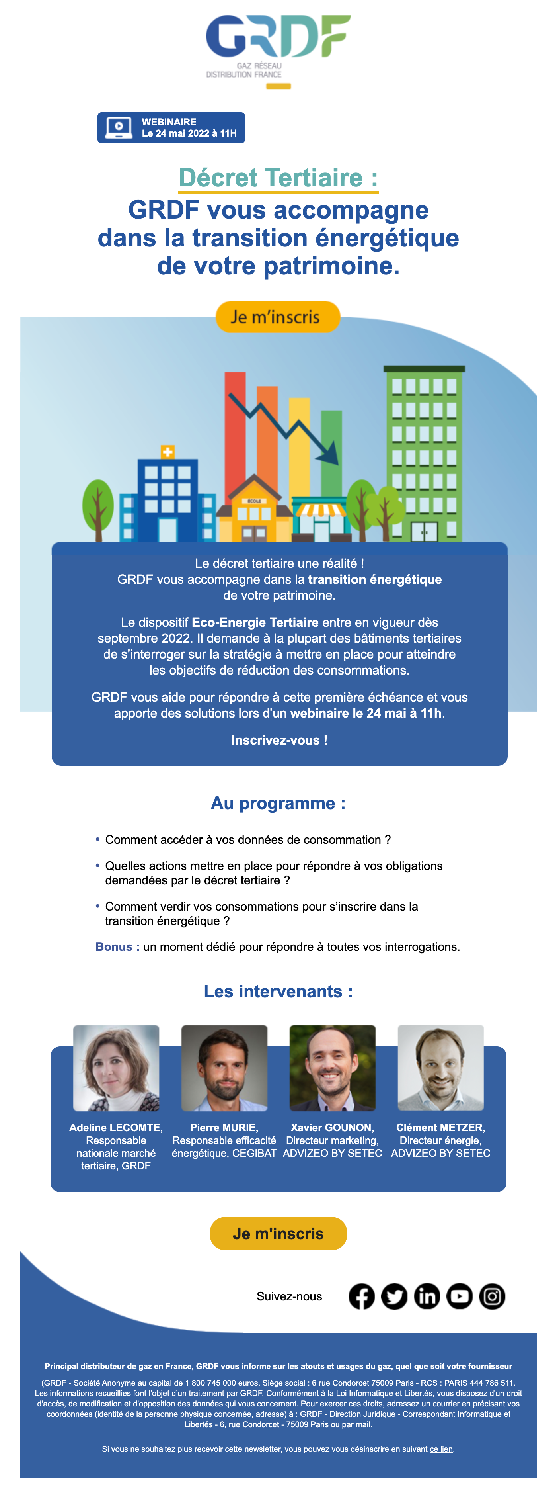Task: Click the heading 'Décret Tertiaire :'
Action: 278,178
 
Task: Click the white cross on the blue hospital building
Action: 167,452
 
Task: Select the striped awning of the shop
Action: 320,509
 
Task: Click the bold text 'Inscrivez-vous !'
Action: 279,740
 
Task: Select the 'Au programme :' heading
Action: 278,803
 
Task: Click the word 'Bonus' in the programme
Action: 114,947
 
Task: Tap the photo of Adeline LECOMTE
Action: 116,1068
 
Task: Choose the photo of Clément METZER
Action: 440,1068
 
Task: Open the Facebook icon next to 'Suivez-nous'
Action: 362,1296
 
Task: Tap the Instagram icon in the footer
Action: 492,1296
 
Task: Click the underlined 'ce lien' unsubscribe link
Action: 441,1449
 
